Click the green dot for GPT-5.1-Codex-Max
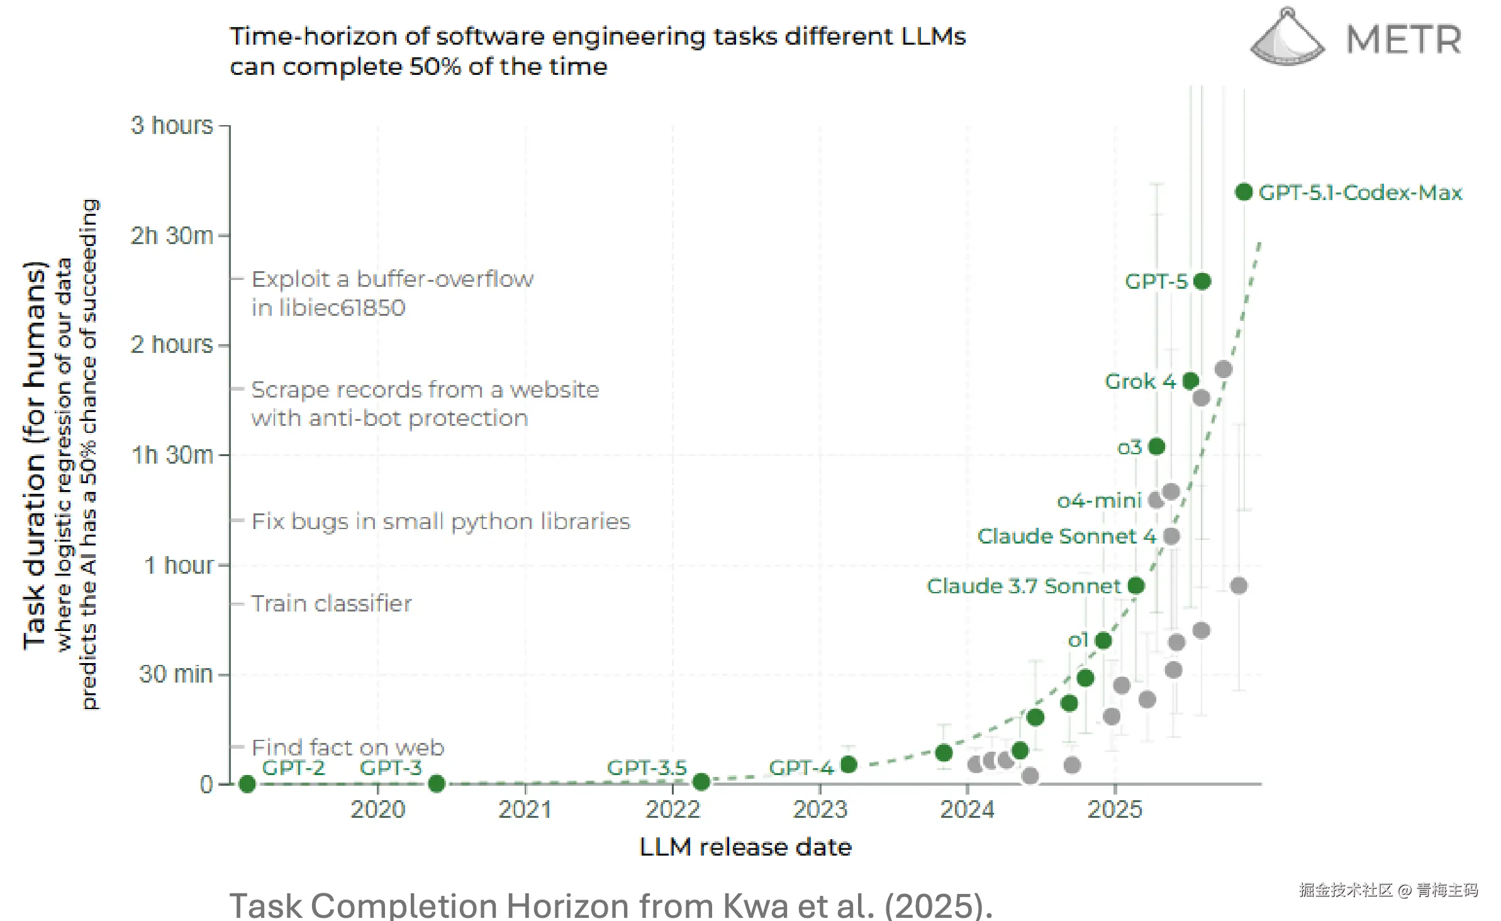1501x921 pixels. coord(1243,192)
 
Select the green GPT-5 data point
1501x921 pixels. coord(1202,281)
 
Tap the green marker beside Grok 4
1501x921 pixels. coord(1190,381)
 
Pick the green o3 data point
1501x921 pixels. coord(1156,447)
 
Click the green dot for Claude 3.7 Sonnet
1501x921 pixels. coord(1136,586)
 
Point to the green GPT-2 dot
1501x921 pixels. coord(247,784)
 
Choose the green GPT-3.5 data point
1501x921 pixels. coord(701,782)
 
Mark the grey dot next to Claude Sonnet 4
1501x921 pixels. coord(1171,536)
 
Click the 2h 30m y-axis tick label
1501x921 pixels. coord(172,236)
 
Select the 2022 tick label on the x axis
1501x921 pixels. coord(672,810)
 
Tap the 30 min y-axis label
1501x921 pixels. coord(176,674)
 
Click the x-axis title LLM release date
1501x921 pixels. coord(745,847)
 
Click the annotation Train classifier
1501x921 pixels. coord(332,604)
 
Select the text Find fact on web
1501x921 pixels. coord(348,747)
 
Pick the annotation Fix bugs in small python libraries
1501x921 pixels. coord(440,522)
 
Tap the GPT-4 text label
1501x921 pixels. coord(801,767)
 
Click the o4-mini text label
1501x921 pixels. coord(1098,501)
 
